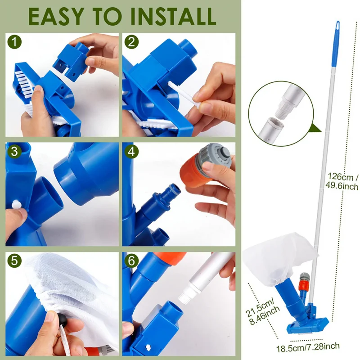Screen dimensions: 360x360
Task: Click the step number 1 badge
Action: [14, 42]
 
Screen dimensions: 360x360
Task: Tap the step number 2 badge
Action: [131, 42]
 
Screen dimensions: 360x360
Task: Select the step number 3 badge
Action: [14, 152]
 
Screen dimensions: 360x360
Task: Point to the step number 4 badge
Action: [131, 152]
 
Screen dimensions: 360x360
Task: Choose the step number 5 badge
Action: [14, 261]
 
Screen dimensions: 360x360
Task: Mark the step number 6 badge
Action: [131, 261]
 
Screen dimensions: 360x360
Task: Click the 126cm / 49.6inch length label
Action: [342, 181]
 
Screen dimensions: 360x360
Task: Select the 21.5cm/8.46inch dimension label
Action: [262, 312]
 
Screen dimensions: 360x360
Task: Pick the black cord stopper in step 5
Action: [62, 319]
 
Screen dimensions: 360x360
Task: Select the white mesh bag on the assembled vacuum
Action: [279, 260]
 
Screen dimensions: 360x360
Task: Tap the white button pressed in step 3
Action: [16, 204]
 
